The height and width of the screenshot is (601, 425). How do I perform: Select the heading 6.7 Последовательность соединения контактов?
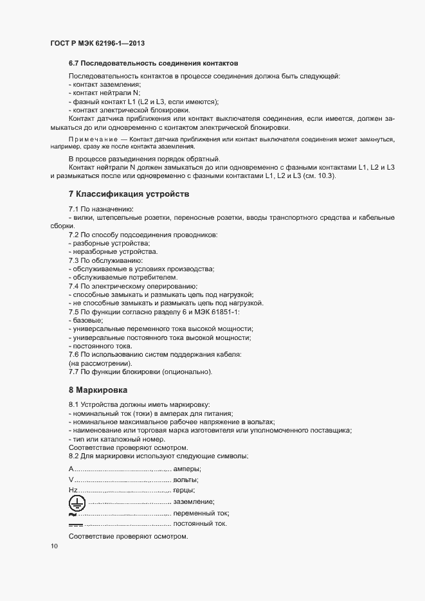(153, 64)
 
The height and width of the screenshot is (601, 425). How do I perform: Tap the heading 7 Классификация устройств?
(129, 194)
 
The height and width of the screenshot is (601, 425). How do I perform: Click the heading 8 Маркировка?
(98, 390)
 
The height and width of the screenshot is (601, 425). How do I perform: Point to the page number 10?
(54, 546)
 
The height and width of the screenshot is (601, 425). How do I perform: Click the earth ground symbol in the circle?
(77, 502)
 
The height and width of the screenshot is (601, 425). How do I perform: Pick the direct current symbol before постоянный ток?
(76, 525)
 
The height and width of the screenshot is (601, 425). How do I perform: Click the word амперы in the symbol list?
(187, 469)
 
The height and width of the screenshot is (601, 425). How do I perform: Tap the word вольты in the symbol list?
(186, 480)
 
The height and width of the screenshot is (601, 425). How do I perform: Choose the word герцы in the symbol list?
(185, 490)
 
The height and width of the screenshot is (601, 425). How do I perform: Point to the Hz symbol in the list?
(73, 490)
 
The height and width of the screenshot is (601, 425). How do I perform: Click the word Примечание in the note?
(93, 139)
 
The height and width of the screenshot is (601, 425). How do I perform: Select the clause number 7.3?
(74, 260)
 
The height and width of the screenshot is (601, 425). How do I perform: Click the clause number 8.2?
(74, 456)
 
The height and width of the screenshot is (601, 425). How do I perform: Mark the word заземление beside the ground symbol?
(194, 502)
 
